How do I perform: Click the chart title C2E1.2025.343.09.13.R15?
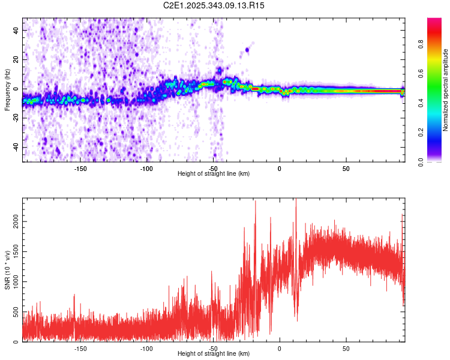click(214, 5)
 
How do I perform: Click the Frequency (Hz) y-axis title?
click(7, 90)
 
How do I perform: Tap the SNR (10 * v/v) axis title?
click(7, 270)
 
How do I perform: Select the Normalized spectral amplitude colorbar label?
click(445, 90)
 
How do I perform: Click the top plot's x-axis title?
click(214, 173)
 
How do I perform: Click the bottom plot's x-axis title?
click(214, 353)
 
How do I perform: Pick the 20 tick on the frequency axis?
click(17, 59)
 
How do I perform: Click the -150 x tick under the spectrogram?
click(80, 169)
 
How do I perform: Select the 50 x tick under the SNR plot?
click(346, 349)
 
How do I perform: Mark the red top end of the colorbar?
click(434, 21)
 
